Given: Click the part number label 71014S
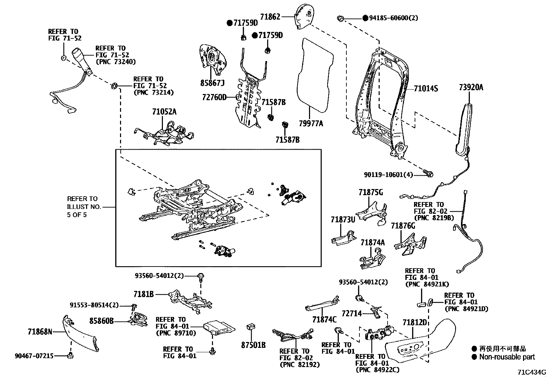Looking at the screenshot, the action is [x=426, y=88].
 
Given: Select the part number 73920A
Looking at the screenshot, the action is [x=471, y=87].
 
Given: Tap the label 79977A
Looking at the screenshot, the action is [x=311, y=123].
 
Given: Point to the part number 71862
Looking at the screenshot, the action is [x=270, y=16].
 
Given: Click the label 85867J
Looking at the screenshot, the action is [x=212, y=83].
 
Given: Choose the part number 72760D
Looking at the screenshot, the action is [x=214, y=97].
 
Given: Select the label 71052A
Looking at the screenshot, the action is [x=164, y=112].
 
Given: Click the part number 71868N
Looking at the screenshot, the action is [x=40, y=332].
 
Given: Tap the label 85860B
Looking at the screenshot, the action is [x=102, y=321].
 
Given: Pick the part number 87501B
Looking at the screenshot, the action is [x=253, y=345].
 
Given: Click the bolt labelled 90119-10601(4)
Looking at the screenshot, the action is [x=428, y=174].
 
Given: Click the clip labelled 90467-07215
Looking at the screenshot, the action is [x=70, y=355].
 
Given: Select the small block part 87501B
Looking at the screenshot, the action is [x=251, y=327].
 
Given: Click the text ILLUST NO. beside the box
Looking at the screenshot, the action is [x=84, y=207].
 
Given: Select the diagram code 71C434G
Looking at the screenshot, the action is [x=532, y=372].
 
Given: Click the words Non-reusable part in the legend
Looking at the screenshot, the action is [x=507, y=357].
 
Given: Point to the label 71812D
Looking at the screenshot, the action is [x=415, y=322].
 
